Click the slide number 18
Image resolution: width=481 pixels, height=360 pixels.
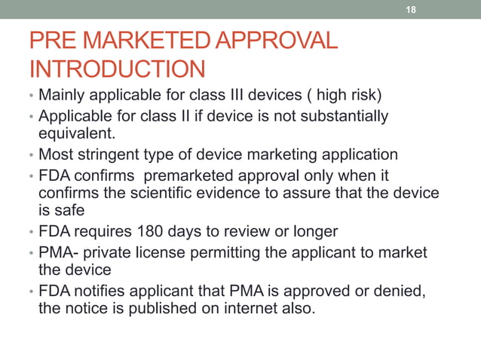pyautogui.click(x=411, y=10)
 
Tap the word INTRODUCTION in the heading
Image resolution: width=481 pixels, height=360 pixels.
pyautogui.click(x=117, y=70)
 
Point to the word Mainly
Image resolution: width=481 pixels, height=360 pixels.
pyautogui.click(x=63, y=97)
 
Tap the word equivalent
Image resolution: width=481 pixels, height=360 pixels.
pyautogui.click(x=74, y=135)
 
